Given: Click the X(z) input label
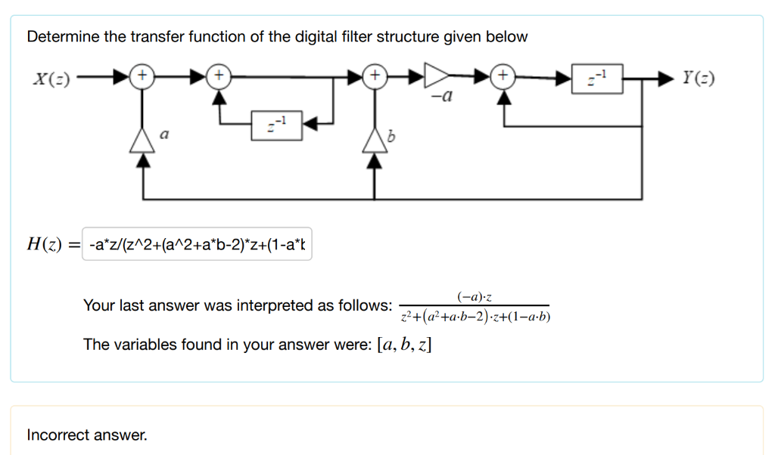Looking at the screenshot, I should coord(49,78).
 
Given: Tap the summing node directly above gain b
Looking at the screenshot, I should coord(373,76).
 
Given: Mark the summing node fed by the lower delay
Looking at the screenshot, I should coord(218,76).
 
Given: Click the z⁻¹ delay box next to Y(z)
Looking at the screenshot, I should coord(597,78).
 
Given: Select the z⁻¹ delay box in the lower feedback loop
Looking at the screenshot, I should coord(278,124).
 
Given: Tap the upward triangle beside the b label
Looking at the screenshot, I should coord(373,139).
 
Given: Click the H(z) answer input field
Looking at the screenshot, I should coord(197,245).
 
